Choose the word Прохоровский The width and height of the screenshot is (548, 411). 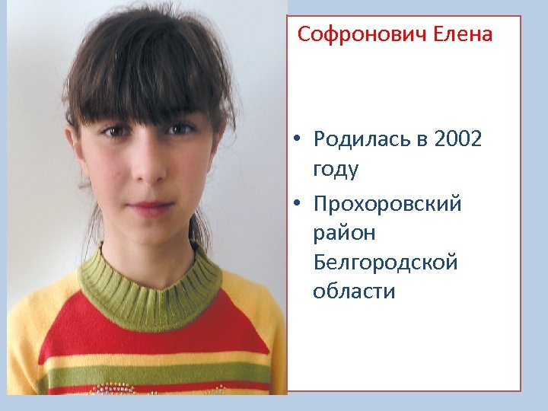(x=387, y=205)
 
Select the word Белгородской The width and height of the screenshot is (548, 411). (x=385, y=263)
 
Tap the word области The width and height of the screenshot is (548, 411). (x=354, y=292)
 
